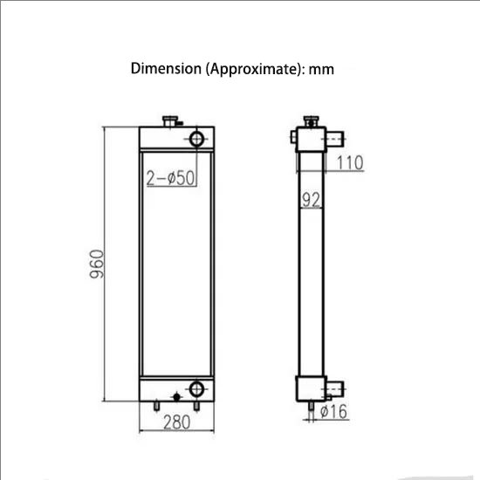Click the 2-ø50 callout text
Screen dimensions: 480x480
tap(169, 178)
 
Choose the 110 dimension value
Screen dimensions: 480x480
tap(349, 162)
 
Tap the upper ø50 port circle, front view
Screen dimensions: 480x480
tap(196, 138)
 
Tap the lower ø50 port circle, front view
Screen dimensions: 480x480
tap(197, 388)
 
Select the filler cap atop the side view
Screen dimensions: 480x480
tap(309, 120)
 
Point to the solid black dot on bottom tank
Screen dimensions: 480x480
tap(177, 397)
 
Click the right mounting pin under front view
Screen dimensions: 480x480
tap(197, 406)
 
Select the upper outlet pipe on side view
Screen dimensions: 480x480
tap(335, 137)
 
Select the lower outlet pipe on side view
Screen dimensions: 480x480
tap(336, 387)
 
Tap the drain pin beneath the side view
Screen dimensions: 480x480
tap(309, 408)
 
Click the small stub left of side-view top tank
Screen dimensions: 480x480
tap(292, 135)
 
